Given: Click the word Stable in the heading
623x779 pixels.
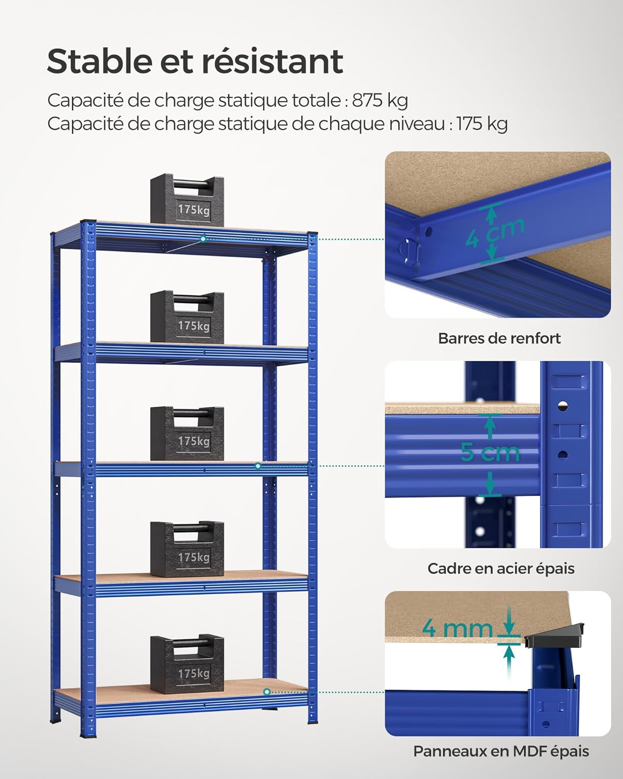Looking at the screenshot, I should click(x=98, y=61).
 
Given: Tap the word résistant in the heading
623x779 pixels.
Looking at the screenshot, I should click(x=272, y=61).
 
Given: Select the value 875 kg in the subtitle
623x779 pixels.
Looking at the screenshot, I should click(x=380, y=100).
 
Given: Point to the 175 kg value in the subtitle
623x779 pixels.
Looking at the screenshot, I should click(x=481, y=124).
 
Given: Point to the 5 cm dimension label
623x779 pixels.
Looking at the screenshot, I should click(x=490, y=452).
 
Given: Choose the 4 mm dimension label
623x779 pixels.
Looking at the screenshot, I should click(x=457, y=628).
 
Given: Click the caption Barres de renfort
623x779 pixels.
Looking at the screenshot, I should click(x=499, y=339).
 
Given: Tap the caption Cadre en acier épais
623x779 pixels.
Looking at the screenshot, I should click(x=500, y=569).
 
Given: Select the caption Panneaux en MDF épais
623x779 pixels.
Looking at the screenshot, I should click(x=501, y=751).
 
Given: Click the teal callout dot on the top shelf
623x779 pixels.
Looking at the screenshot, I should click(x=203, y=238).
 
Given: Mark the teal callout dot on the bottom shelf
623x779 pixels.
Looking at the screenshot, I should click(x=266, y=692).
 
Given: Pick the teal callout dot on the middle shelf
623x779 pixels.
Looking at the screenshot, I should click(x=258, y=466).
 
